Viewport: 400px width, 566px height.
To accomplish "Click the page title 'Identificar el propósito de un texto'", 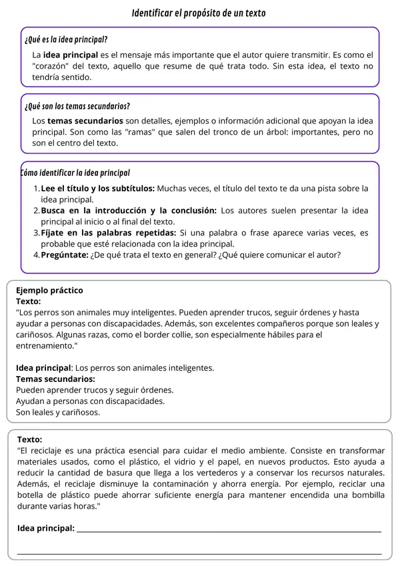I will (200, 13).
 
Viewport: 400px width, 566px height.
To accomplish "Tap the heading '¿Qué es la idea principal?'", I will (66, 39).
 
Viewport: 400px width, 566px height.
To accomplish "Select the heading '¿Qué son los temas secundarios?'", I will (77, 106).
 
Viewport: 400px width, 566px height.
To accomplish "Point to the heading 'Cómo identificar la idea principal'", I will (75, 173).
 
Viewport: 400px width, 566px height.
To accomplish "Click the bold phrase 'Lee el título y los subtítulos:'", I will (98, 189).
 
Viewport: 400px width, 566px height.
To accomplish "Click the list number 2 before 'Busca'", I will (36, 211).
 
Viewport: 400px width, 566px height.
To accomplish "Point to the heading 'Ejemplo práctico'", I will (49, 291).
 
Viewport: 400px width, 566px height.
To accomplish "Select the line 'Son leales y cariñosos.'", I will (58, 412).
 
